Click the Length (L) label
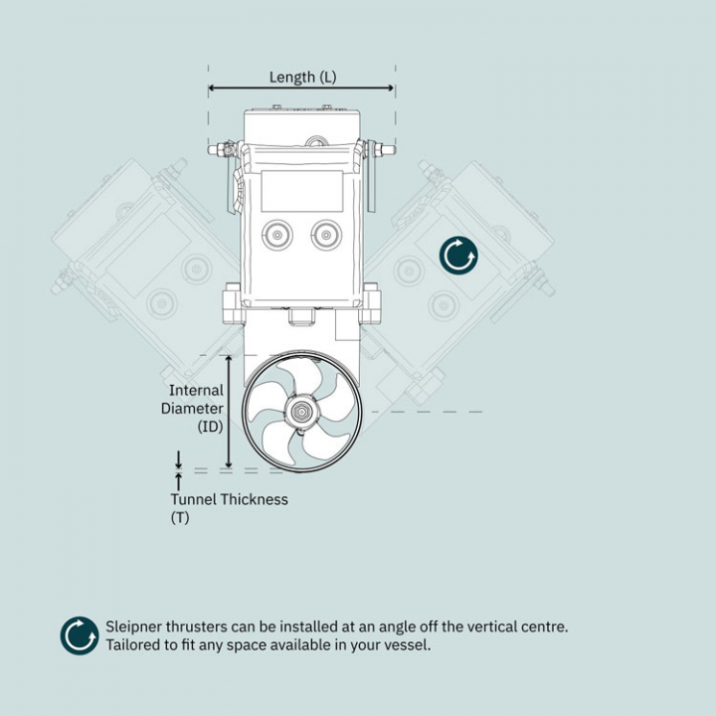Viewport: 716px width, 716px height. click(302, 77)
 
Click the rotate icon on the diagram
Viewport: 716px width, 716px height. click(458, 256)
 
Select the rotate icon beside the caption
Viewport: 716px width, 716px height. click(80, 635)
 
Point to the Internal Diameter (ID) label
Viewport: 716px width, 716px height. click(195, 409)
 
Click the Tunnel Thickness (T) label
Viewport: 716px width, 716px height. click(228, 507)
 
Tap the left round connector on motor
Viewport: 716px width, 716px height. click(275, 236)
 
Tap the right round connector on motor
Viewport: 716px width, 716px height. click(325, 236)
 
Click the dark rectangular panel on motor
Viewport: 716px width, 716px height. click(301, 190)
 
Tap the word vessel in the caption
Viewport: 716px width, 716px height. click(409, 644)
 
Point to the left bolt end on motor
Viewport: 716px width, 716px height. click(214, 150)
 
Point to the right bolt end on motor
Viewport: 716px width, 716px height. click(389, 150)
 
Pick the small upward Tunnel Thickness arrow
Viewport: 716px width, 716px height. click(179, 480)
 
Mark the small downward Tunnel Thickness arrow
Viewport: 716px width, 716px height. click(179, 458)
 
